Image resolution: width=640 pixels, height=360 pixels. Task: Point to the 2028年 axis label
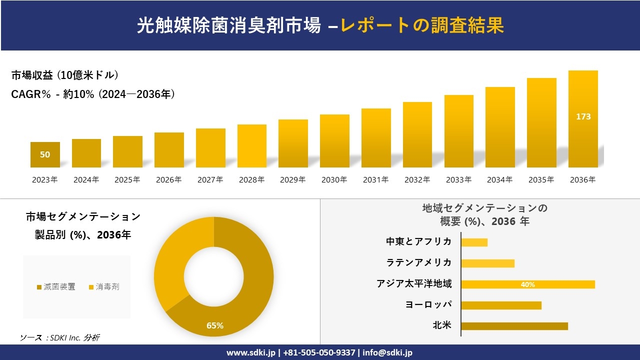(x=251, y=180)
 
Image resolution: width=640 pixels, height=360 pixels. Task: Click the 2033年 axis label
(x=458, y=180)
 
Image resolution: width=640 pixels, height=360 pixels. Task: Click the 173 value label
(x=583, y=116)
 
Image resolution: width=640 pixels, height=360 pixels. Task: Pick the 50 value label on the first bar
(x=45, y=154)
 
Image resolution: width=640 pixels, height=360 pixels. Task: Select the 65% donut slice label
(x=215, y=325)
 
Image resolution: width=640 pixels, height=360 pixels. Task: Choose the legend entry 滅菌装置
(x=55, y=286)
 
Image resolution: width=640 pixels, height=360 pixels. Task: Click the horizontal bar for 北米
(x=514, y=326)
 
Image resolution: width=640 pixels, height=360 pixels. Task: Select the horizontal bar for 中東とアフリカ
(x=474, y=242)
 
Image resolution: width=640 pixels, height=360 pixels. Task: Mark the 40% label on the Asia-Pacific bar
(x=527, y=284)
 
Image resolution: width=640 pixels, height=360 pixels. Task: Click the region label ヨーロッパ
(x=428, y=304)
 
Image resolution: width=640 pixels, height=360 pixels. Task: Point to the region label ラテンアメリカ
(x=418, y=262)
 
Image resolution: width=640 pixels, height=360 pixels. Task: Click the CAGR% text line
(x=93, y=94)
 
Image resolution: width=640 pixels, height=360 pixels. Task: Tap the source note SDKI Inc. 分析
(x=59, y=338)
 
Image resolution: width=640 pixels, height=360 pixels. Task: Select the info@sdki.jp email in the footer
(x=387, y=352)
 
